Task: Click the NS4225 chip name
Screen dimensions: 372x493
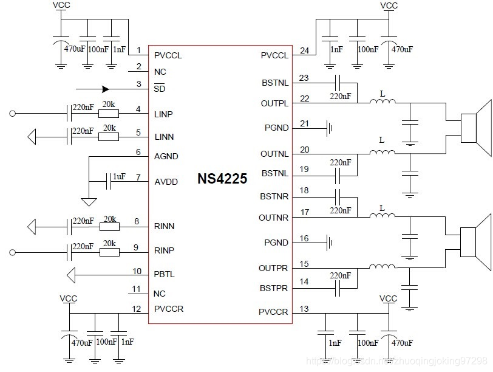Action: (x=222, y=179)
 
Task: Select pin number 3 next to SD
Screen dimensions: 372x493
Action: (x=139, y=84)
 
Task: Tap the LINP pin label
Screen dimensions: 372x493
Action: (x=165, y=114)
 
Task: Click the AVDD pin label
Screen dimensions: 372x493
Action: (x=166, y=181)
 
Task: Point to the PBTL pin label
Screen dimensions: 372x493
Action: (x=165, y=274)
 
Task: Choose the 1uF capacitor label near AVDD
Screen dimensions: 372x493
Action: (x=118, y=176)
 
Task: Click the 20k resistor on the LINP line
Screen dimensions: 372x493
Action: (x=109, y=113)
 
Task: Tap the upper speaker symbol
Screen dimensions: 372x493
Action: (x=475, y=127)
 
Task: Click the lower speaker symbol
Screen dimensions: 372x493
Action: (x=475, y=241)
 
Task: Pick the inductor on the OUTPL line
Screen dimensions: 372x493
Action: (x=382, y=103)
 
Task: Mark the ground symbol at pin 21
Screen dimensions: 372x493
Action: (x=330, y=128)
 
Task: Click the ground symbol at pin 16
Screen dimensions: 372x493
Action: (x=330, y=243)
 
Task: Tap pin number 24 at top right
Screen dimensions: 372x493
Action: (x=304, y=50)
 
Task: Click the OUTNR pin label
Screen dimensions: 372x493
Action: (x=274, y=218)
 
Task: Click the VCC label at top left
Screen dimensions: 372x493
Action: (x=61, y=5)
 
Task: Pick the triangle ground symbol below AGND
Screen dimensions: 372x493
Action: (x=89, y=201)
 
